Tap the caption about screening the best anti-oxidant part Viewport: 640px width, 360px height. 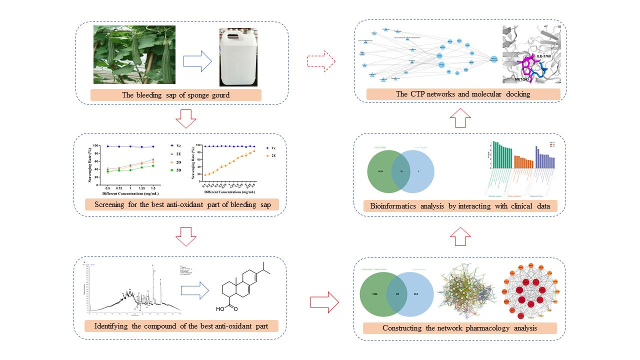click(x=179, y=205)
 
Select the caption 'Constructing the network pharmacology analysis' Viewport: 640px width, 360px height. click(x=459, y=328)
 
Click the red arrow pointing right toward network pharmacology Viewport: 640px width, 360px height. click(x=324, y=301)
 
